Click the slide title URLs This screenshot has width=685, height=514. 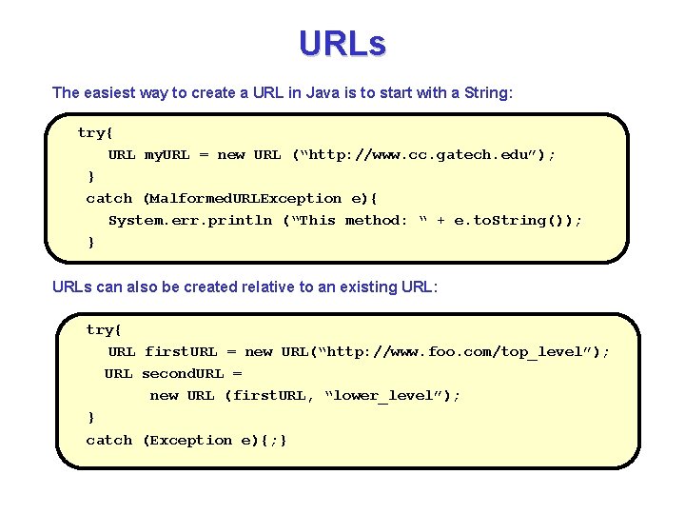click(342, 44)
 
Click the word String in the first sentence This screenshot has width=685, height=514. click(487, 92)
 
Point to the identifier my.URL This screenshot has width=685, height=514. click(166, 154)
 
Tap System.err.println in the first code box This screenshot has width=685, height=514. click(190, 220)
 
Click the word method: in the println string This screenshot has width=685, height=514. click(376, 220)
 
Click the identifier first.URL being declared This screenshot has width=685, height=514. click(181, 351)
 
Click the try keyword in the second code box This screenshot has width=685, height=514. click(104, 329)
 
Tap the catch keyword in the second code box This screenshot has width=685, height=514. click(109, 440)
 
